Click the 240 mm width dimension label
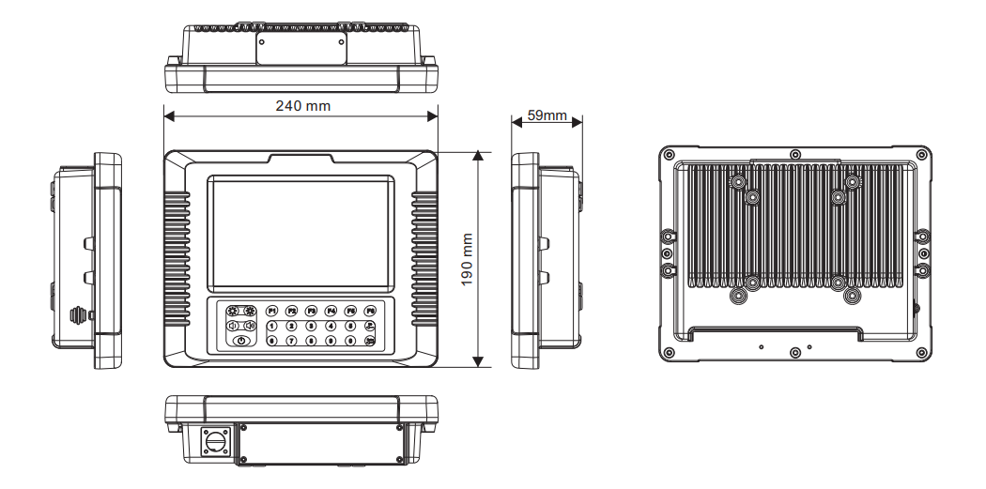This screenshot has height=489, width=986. (x=302, y=105)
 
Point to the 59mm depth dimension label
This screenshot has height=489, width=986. (x=547, y=115)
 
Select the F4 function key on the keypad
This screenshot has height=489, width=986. (x=331, y=310)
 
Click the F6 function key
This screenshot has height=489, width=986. (x=370, y=310)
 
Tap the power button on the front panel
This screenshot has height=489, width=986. (x=241, y=342)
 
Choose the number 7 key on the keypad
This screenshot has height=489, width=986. (x=291, y=341)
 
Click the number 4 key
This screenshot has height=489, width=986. (x=331, y=326)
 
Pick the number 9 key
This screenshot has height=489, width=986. (x=331, y=341)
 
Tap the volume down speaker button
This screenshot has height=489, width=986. (x=232, y=326)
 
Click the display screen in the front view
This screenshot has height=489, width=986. (x=300, y=232)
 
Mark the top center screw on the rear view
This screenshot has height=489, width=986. (x=795, y=155)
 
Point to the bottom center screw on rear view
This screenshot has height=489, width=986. (x=795, y=352)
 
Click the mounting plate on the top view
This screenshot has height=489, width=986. (x=301, y=44)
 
